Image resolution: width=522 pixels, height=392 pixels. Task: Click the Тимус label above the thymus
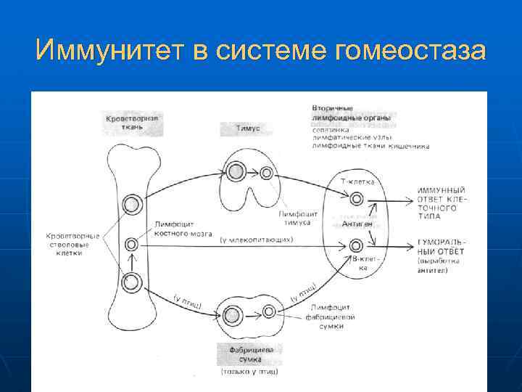(x=247, y=128)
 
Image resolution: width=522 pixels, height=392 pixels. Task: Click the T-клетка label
(x=357, y=181)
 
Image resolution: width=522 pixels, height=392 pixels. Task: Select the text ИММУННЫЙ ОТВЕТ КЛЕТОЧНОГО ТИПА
(x=442, y=200)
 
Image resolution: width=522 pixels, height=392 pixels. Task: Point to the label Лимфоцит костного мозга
(x=183, y=229)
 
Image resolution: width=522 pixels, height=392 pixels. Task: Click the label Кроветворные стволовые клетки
(x=72, y=245)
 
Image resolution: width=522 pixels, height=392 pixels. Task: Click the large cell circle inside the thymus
(x=236, y=172)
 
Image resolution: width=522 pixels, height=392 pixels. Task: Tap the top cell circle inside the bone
(x=132, y=205)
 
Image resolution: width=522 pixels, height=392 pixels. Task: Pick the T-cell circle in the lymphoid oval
(x=356, y=199)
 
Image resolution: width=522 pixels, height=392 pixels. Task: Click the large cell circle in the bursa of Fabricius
(x=233, y=315)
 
